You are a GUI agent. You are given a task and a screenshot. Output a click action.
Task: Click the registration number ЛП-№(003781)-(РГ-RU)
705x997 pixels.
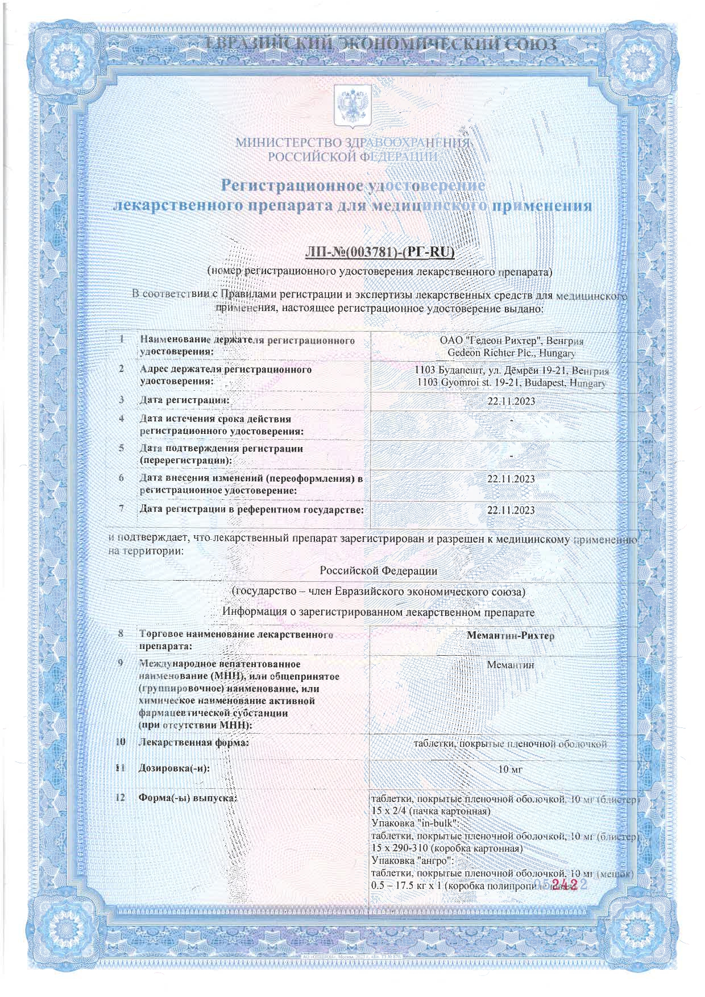[x=381, y=251]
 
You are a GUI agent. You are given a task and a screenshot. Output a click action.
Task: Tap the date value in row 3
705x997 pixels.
[x=511, y=401]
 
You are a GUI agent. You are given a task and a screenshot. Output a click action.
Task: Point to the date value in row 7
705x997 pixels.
[x=511, y=510]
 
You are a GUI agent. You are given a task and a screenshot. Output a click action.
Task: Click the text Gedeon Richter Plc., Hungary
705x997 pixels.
[x=511, y=353]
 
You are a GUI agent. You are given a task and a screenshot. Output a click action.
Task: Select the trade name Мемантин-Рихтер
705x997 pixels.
[x=510, y=635]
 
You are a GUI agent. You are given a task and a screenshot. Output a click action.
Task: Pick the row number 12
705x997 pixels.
[x=121, y=797]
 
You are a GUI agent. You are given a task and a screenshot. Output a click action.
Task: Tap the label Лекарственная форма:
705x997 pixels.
[x=194, y=743]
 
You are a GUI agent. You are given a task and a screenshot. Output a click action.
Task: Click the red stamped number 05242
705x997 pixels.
[x=560, y=899]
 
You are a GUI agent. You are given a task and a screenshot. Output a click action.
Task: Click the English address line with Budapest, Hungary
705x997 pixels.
[x=511, y=383]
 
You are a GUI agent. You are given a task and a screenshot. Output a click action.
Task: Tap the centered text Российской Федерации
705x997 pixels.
[x=378, y=570]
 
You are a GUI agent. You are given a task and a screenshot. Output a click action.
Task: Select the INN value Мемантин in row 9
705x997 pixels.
[x=510, y=664]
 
